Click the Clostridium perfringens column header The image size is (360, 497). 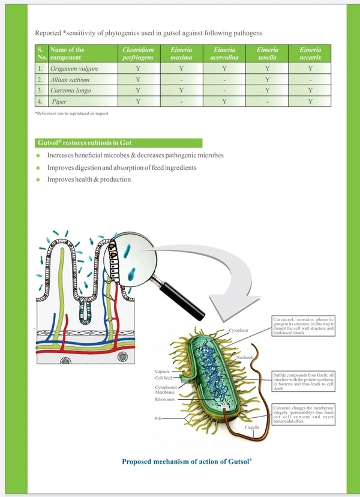click(138, 54)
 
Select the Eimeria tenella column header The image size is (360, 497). click(266, 54)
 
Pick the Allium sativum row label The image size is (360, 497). click(71, 80)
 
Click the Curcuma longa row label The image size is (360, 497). click(71, 91)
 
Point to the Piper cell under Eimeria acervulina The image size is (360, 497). click(224, 101)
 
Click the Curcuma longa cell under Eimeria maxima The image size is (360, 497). click(181, 91)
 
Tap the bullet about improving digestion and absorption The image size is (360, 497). click(122, 167)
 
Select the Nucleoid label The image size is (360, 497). click(244, 357)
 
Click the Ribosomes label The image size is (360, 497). click(167, 399)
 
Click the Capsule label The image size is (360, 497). click(163, 372)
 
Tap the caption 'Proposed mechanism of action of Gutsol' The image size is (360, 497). click(187, 462)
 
